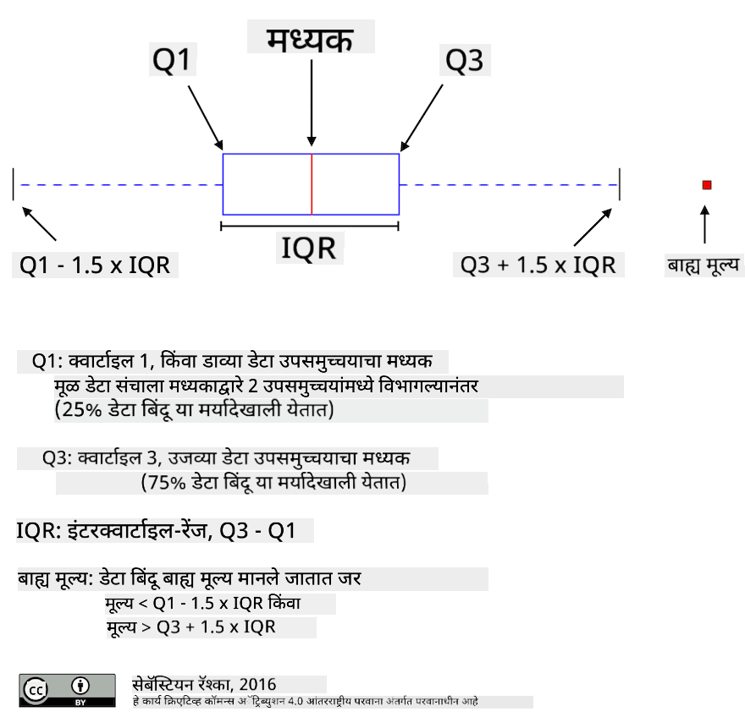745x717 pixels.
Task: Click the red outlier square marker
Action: (x=707, y=185)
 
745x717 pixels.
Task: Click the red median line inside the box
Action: (x=312, y=184)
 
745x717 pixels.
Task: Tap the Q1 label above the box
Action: (x=172, y=60)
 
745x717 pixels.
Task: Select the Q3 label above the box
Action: (x=464, y=60)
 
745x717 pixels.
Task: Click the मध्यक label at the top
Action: (x=310, y=39)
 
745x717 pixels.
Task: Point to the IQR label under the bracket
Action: (x=309, y=249)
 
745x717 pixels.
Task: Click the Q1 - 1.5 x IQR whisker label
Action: (x=95, y=265)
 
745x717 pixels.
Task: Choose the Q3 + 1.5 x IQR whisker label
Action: (x=538, y=265)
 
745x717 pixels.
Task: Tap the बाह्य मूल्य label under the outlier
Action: (x=704, y=265)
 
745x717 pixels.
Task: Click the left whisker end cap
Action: (x=14, y=184)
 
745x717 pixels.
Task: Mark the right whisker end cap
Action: (x=620, y=184)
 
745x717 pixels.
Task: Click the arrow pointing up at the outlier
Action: (x=705, y=224)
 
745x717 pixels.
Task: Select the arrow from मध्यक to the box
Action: (x=312, y=102)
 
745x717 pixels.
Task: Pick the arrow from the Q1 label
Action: (x=206, y=118)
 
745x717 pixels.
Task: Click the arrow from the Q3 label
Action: (x=422, y=118)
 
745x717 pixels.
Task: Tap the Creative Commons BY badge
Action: (x=67, y=691)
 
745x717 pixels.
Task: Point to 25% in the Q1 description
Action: (x=82, y=409)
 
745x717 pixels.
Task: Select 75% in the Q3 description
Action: (x=166, y=483)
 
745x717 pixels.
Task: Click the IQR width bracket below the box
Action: (x=310, y=227)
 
